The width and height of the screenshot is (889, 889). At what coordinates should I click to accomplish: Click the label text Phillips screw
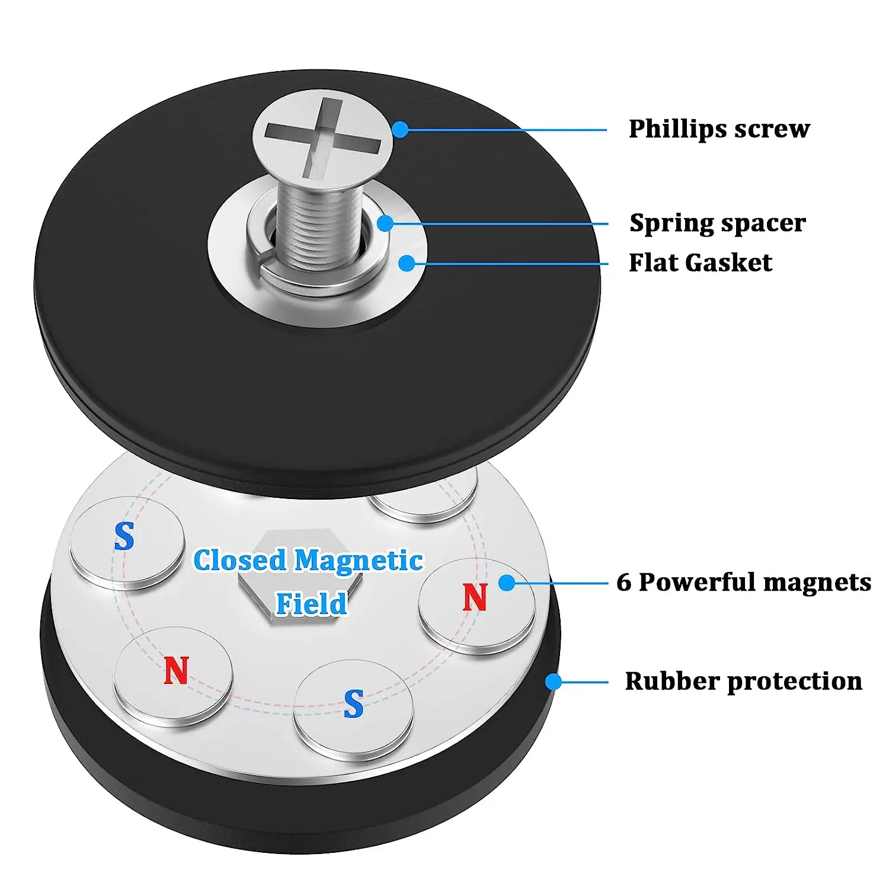pos(719,129)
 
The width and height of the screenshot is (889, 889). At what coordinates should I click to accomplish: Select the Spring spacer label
pos(717,223)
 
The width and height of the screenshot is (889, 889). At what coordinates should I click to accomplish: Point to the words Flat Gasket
pos(700,263)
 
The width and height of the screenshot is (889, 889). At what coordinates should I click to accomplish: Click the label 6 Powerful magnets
pos(744,582)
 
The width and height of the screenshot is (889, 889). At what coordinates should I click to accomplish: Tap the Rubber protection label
pos(743,681)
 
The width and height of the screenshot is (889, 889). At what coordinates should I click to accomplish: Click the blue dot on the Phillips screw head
pos(401,129)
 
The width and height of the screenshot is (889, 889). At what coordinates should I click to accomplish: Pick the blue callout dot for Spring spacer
pos(385,223)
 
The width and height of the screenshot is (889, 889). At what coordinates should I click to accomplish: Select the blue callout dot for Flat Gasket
pos(407,263)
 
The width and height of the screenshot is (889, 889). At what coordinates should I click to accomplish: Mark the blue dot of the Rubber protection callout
pos(553,682)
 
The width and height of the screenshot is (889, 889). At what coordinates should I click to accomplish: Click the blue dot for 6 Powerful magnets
pos(507,583)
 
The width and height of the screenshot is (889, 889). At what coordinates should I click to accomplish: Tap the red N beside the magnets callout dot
pos(475,597)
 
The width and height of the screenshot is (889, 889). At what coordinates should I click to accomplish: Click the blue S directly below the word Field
pos(353,704)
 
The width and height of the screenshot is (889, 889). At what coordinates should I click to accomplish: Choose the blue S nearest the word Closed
pos(124,536)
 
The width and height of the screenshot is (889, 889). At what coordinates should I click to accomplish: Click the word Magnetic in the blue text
pos(359,561)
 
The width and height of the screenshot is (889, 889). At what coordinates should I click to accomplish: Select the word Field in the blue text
pos(312,604)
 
